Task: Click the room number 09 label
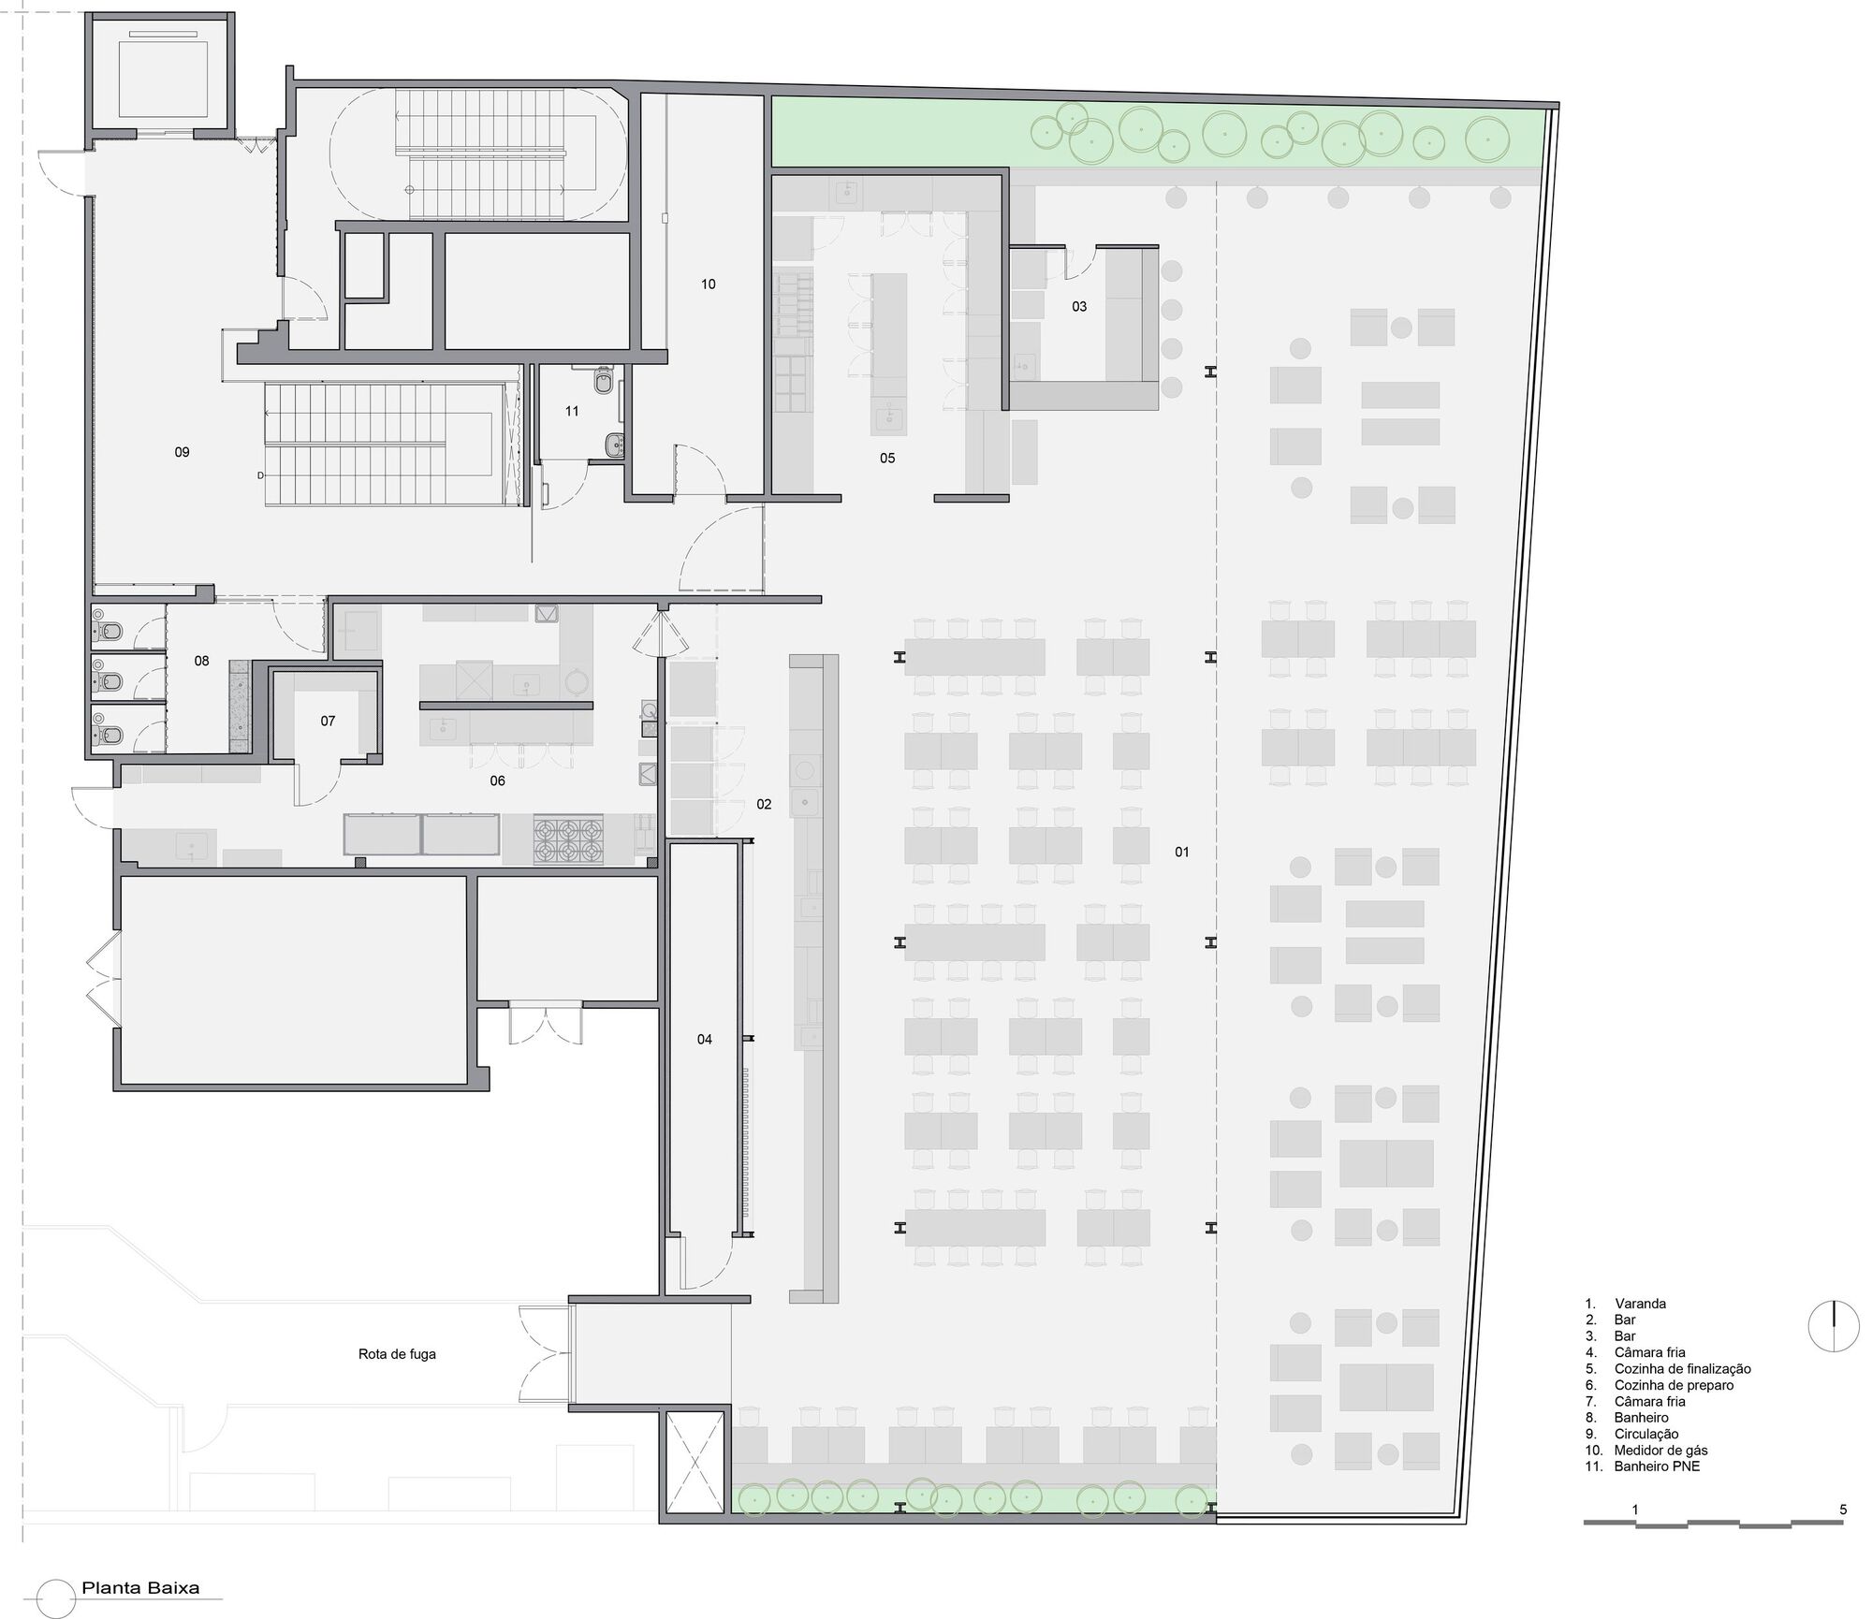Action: [x=183, y=452]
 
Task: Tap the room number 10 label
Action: [x=709, y=284]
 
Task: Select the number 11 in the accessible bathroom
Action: [x=572, y=411]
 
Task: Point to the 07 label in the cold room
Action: [x=328, y=721]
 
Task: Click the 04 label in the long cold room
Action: [x=705, y=1039]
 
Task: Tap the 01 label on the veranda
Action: [x=1182, y=852]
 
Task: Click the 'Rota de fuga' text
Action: [x=397, y=1353]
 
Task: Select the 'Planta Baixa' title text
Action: [x=140, y=1588]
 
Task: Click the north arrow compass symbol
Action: [x=1834, y=1326]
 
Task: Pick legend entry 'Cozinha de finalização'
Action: [x=1682, y=1369]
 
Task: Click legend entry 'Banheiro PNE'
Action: [x=1657, y=1466]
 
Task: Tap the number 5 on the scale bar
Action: [x=1843, y=1510]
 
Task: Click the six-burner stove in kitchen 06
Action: [x=567, y=839]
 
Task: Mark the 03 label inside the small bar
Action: [x=1079, y=307]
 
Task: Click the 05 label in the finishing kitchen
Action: [x=887, y=459]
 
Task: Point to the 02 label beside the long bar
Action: [x=764, y=804]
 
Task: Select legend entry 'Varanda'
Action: [x=1640, y=1304]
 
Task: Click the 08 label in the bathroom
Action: [x=202, y=661]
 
